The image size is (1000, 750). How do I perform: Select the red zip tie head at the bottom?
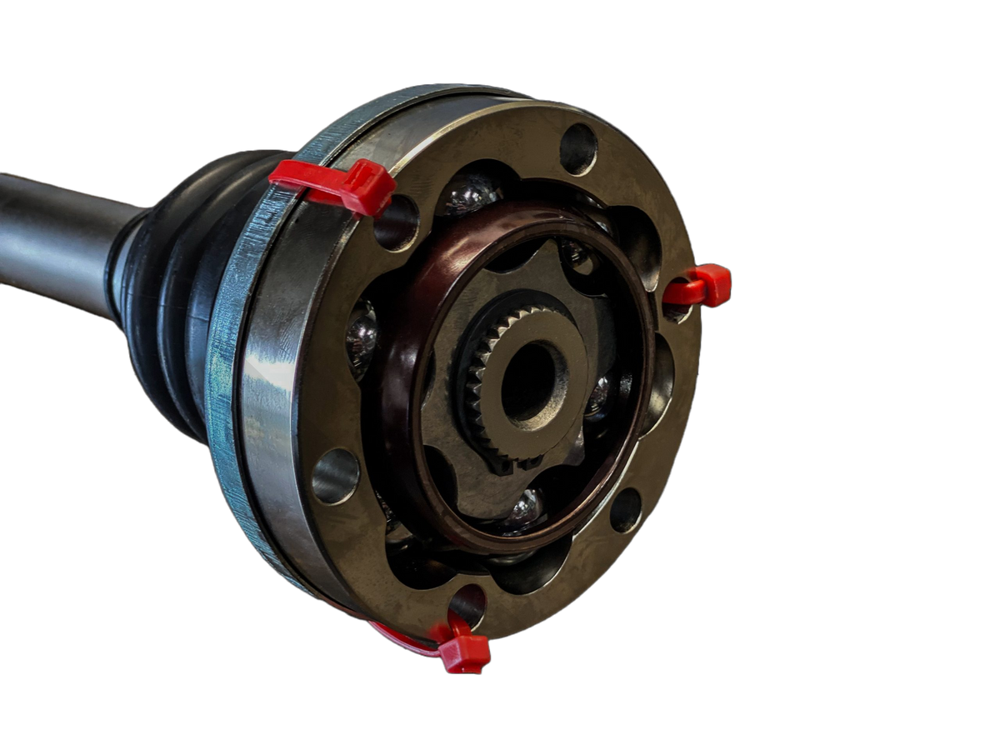463,652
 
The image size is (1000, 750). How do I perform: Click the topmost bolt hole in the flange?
577,149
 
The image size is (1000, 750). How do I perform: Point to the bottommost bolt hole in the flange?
467,603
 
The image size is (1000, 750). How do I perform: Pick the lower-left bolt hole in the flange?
335,475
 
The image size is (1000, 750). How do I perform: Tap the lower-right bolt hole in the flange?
625,510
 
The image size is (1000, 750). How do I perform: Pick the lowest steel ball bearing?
524,510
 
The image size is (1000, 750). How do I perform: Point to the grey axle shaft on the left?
50,237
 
